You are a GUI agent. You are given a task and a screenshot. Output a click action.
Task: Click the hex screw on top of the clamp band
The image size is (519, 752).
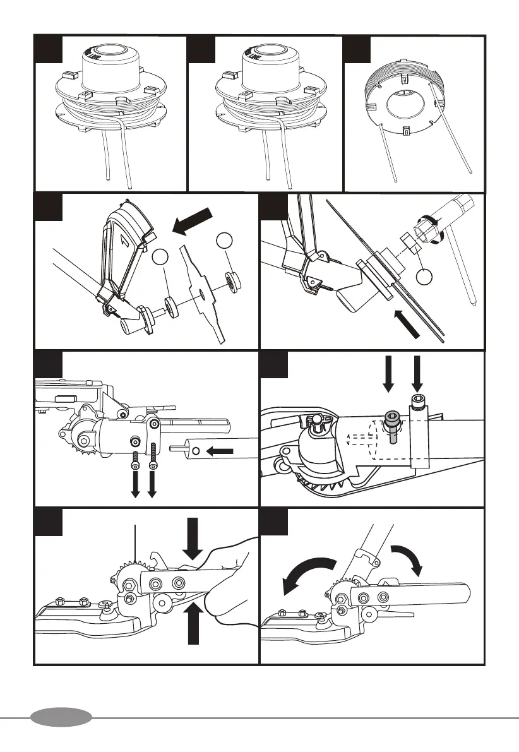tap(416, 400)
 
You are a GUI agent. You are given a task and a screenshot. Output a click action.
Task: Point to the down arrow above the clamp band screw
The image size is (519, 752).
tap(416, 373)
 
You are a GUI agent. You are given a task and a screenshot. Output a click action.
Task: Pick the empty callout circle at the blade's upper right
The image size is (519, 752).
tap(225, 240)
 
